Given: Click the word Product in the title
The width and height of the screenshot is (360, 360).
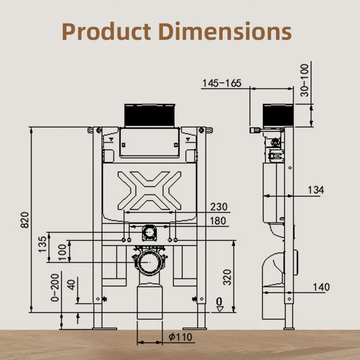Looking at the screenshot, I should tap(106, 32).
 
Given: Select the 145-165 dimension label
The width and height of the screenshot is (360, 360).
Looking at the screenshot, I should tap(221, 84).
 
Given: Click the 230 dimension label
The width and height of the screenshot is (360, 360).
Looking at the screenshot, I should tap(218, 207).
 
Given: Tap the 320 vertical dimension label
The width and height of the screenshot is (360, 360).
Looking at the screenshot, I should tap(227, 277).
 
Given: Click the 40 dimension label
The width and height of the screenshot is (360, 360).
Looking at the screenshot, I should tap(72, 284).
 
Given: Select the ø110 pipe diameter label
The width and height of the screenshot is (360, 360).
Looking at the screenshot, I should tap(180, 336).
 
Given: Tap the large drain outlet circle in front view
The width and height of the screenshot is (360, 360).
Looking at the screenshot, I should tap(150, 262).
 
